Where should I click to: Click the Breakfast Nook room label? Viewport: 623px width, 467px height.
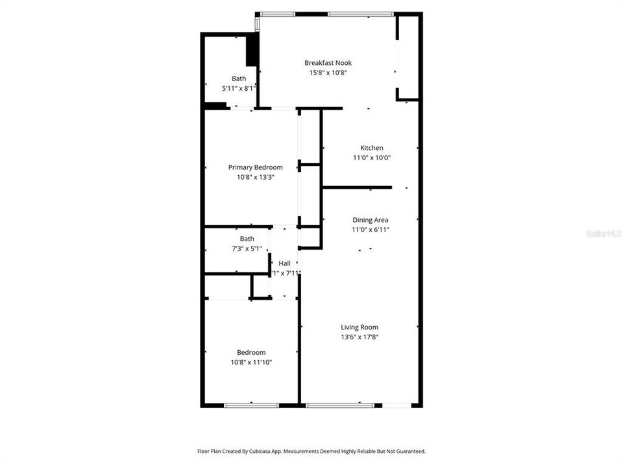coord(328,63)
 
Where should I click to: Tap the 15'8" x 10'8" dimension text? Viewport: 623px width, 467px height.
coord(328,73)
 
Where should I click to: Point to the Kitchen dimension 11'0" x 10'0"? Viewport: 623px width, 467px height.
coord(372,158)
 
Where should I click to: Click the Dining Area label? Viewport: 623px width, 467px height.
coord(370,220)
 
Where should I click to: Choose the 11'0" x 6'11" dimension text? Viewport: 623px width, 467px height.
coord(370,230)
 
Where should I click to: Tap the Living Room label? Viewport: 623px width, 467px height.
coord(360,327)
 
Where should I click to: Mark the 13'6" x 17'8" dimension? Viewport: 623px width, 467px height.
coord(360,337)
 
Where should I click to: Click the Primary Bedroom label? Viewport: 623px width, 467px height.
coord(255,167)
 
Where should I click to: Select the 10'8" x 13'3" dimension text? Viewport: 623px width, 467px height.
coord(255,177)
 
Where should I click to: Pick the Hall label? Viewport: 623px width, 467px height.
coord(284,263)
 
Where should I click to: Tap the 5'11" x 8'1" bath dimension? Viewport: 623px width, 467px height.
coord(239,88)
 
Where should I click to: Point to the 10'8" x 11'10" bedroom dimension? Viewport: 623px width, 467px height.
coord(250,362)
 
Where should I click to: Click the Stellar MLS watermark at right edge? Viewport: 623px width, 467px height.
coord(604,233)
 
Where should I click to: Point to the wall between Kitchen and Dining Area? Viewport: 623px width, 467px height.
coord(357,187)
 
